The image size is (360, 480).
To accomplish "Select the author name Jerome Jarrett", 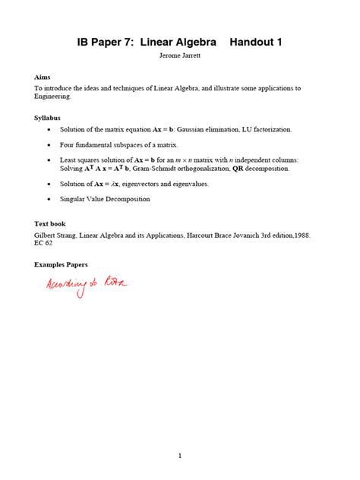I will [x=179, y=57].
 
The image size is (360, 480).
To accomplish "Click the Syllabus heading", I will [x=49, y=118].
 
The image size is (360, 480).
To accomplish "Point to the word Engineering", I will [x=53, y=97].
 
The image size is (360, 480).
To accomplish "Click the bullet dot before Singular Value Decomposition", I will [x=49, y=199].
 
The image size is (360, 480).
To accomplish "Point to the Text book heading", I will [x=50, y=224].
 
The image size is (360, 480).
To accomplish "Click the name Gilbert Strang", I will [x=56, y=235].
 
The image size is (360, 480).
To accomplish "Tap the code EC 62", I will [x=44, y=245].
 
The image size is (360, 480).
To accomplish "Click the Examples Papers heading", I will [x=62, y=264].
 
